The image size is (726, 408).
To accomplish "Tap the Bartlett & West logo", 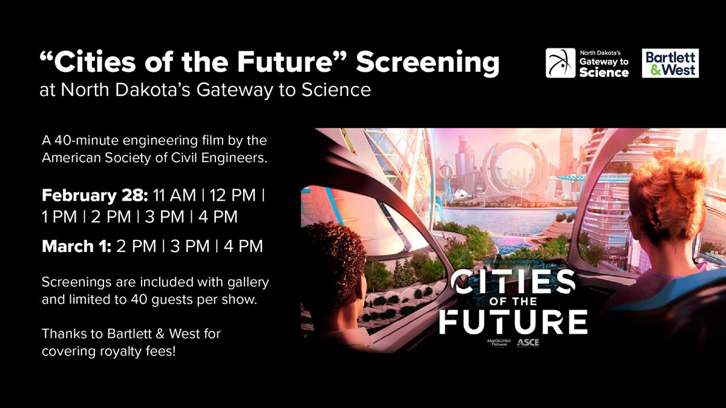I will point(670,63).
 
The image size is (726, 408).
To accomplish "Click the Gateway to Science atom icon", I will point(560,63).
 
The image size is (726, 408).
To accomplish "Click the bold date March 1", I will point(75,247).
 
